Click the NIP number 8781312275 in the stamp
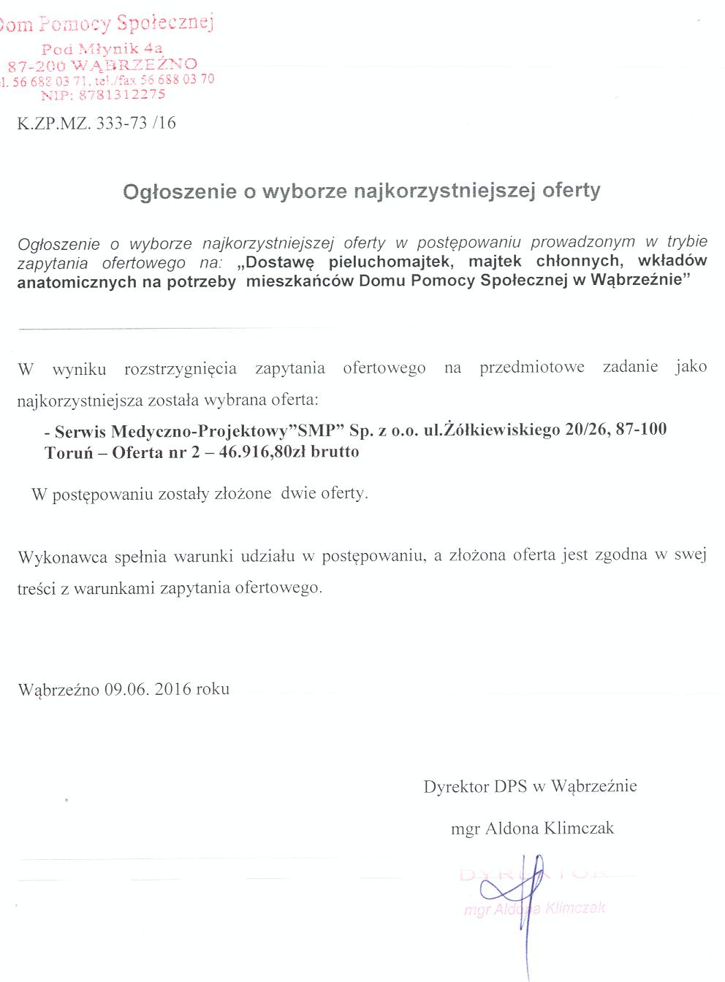click(x=122, y=95)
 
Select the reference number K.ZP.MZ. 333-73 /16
click(x=96, y=123)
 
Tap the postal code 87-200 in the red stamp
click(x=37, y=66)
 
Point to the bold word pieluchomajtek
click(x=390, y=262)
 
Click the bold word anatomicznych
click(x=74, y=282)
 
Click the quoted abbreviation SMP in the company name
click(x=316, y=430)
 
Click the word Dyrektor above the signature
click(x=456, y=787)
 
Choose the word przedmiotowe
click(x=531, y=367)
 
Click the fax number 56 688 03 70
click(x=186, y=79)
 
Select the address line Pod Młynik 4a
click(x=102, y=49)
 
